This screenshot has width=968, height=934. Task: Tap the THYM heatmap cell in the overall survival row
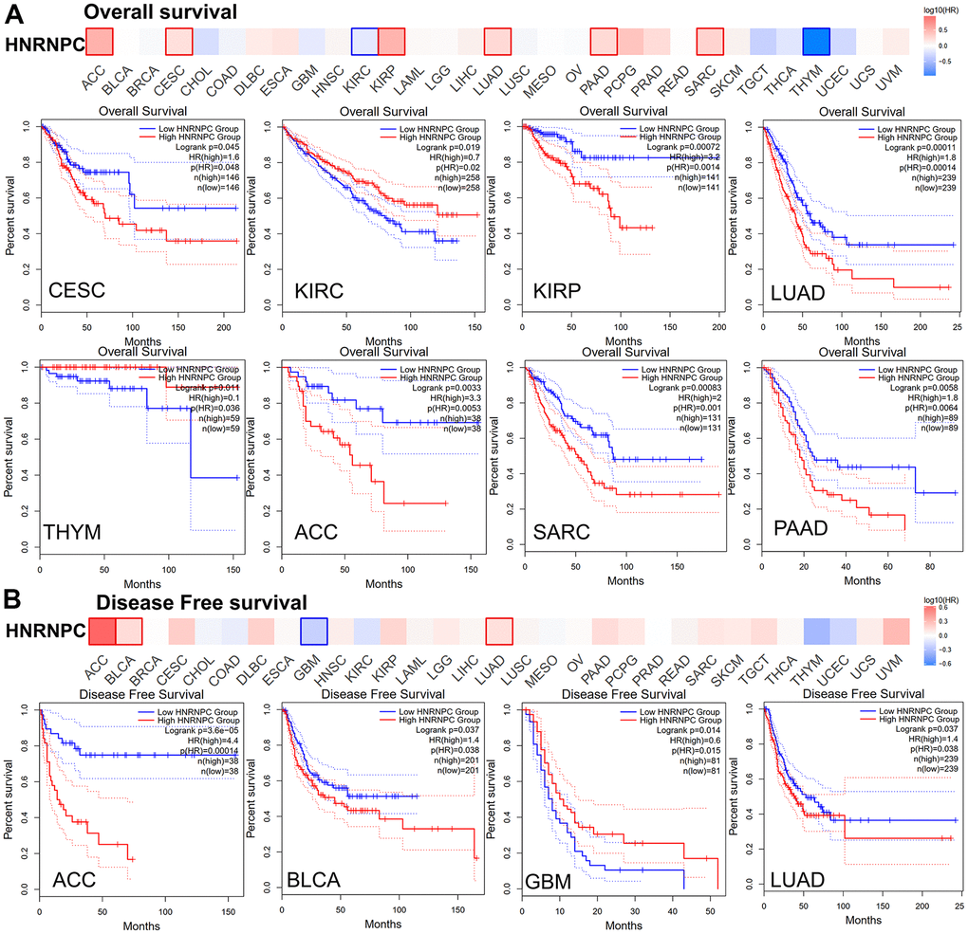point(815,42)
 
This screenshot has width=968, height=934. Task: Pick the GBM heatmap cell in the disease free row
point(314,632)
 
